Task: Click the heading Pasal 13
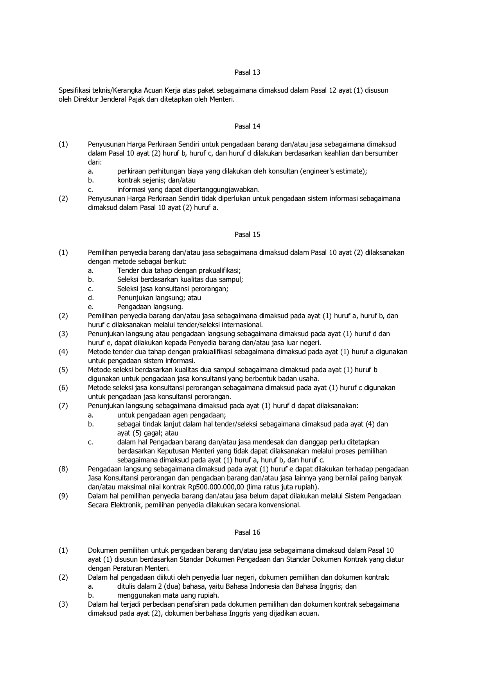247,72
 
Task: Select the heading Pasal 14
247,126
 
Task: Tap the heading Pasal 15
247,235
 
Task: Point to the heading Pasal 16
247,532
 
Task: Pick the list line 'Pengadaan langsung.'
150,307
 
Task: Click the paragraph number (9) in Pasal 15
63,496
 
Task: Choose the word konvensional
280,505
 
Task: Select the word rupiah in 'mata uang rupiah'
208,595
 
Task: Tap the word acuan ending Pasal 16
310,614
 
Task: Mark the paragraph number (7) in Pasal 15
63,406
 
